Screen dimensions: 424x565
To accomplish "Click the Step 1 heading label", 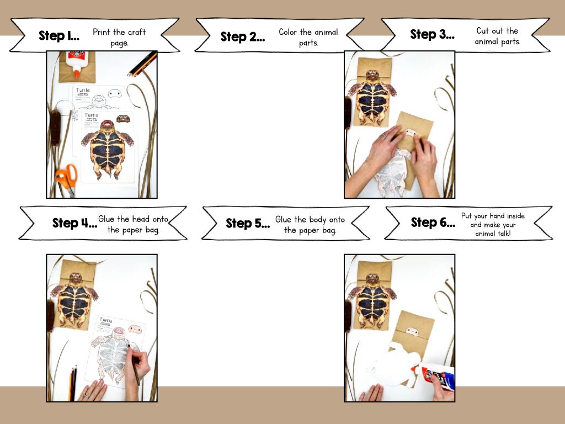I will [59, 36].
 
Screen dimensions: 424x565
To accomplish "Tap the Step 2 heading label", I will [242, 37].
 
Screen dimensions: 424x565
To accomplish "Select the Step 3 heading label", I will [432, 34].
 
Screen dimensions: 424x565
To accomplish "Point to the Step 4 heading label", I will [74, 223].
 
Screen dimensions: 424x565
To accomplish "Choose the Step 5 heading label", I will [248, 223].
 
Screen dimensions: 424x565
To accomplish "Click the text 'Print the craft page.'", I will [119, 38].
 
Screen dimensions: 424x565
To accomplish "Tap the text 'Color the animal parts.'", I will [308, 38].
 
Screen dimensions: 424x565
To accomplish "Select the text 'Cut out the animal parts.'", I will [497, 36].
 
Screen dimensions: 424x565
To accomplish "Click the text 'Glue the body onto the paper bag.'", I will [310, 225].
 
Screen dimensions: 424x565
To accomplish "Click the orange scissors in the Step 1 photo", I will [66, 177].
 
